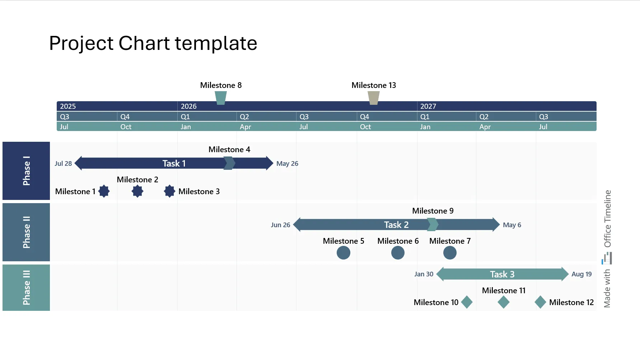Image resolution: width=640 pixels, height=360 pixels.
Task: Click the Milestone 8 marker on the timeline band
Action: coord(220,98)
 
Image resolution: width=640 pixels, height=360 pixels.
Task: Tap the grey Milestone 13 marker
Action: coord(373,98)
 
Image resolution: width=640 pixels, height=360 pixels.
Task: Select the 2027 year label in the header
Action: coord(428,106)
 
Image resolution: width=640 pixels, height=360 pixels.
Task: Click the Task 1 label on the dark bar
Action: coord(174,163)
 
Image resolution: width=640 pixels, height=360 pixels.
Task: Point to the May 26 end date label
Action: coord(287,164)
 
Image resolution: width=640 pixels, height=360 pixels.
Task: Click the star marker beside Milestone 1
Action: coord(104,191)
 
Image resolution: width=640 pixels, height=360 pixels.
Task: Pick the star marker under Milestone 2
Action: coord(137,191)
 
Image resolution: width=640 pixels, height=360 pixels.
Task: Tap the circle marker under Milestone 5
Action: coord(343,253)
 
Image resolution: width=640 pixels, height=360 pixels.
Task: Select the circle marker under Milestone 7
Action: coord(449,253)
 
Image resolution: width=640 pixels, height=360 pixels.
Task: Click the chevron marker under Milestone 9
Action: coord(433,225)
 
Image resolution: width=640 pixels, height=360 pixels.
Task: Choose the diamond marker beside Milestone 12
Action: coord(540,302)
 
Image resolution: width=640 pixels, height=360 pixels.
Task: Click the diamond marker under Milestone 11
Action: coord(503,302)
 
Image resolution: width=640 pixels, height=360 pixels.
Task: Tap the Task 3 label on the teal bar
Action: coord(502,274)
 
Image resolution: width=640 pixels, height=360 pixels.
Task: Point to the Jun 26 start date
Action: coord(280,225)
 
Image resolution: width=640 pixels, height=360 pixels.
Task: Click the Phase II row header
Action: coord(26,232)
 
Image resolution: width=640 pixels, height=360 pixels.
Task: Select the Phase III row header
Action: coord(26,287)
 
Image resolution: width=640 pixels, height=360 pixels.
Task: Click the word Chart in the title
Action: coord(144,43)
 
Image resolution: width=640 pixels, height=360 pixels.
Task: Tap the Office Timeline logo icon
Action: coord(607,258)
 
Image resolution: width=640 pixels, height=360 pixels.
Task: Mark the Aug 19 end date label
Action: coord(581,274)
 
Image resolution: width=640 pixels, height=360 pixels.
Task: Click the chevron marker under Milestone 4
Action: coord(229,163)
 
